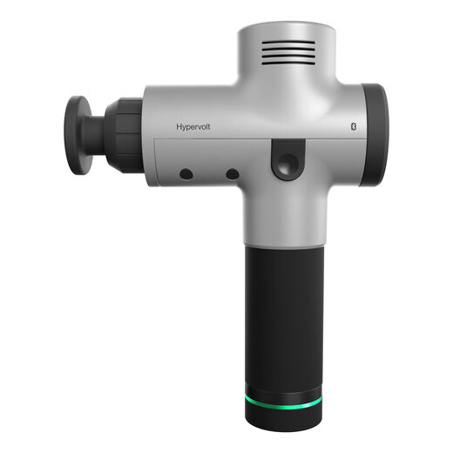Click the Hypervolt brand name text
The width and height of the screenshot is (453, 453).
click(x=193, y=127)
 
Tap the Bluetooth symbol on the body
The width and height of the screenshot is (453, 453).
click(x=354, y=126)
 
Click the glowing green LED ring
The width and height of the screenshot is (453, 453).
click(x=283, y=402)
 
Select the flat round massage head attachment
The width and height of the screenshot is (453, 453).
click(x=76, y=135)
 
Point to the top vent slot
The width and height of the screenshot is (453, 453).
click(x=288, y=43)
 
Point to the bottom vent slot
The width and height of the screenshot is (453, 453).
click(x=288, y=63)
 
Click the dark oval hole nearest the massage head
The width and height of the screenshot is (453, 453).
click(x=186, y=174)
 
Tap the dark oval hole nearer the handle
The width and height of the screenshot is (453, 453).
click(x=233, y=174)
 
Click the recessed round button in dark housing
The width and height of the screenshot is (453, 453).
click(x=288, y=163)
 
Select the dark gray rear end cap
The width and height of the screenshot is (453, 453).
click(x=375, y=135)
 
